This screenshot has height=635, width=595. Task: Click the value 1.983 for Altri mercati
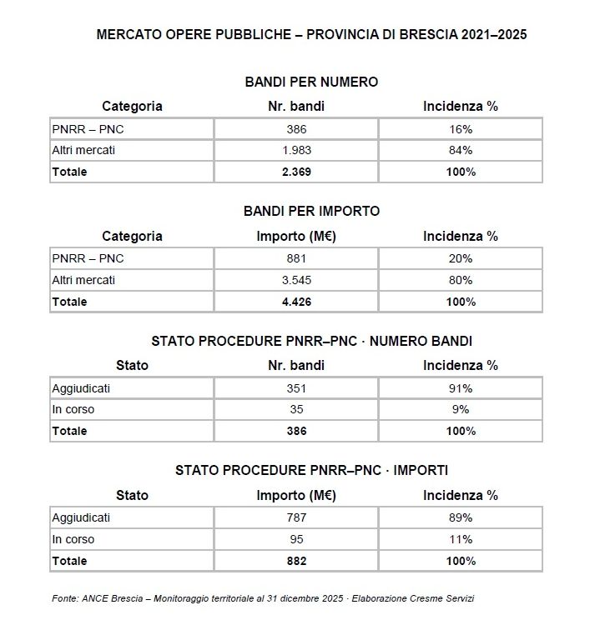296,151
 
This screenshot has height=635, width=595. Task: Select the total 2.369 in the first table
296,172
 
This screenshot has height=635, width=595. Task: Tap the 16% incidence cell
460,129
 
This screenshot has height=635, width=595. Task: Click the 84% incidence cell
460,151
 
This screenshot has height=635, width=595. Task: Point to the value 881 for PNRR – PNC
296,258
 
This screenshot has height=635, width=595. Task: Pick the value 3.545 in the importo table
296,280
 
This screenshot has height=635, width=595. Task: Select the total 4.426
296,302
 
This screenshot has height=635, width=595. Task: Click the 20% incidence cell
460,258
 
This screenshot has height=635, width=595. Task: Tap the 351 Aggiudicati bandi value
296,388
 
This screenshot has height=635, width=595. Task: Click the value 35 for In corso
296,409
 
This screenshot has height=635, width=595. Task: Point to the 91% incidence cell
460,388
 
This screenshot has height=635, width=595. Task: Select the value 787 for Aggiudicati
296,517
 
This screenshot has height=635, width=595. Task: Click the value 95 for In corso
296,539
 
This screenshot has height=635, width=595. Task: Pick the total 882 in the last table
296,561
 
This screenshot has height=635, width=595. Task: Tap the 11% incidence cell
460,539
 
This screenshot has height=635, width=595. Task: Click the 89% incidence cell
460,517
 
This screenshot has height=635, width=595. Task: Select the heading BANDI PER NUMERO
311,82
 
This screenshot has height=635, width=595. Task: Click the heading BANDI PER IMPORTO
311,211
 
